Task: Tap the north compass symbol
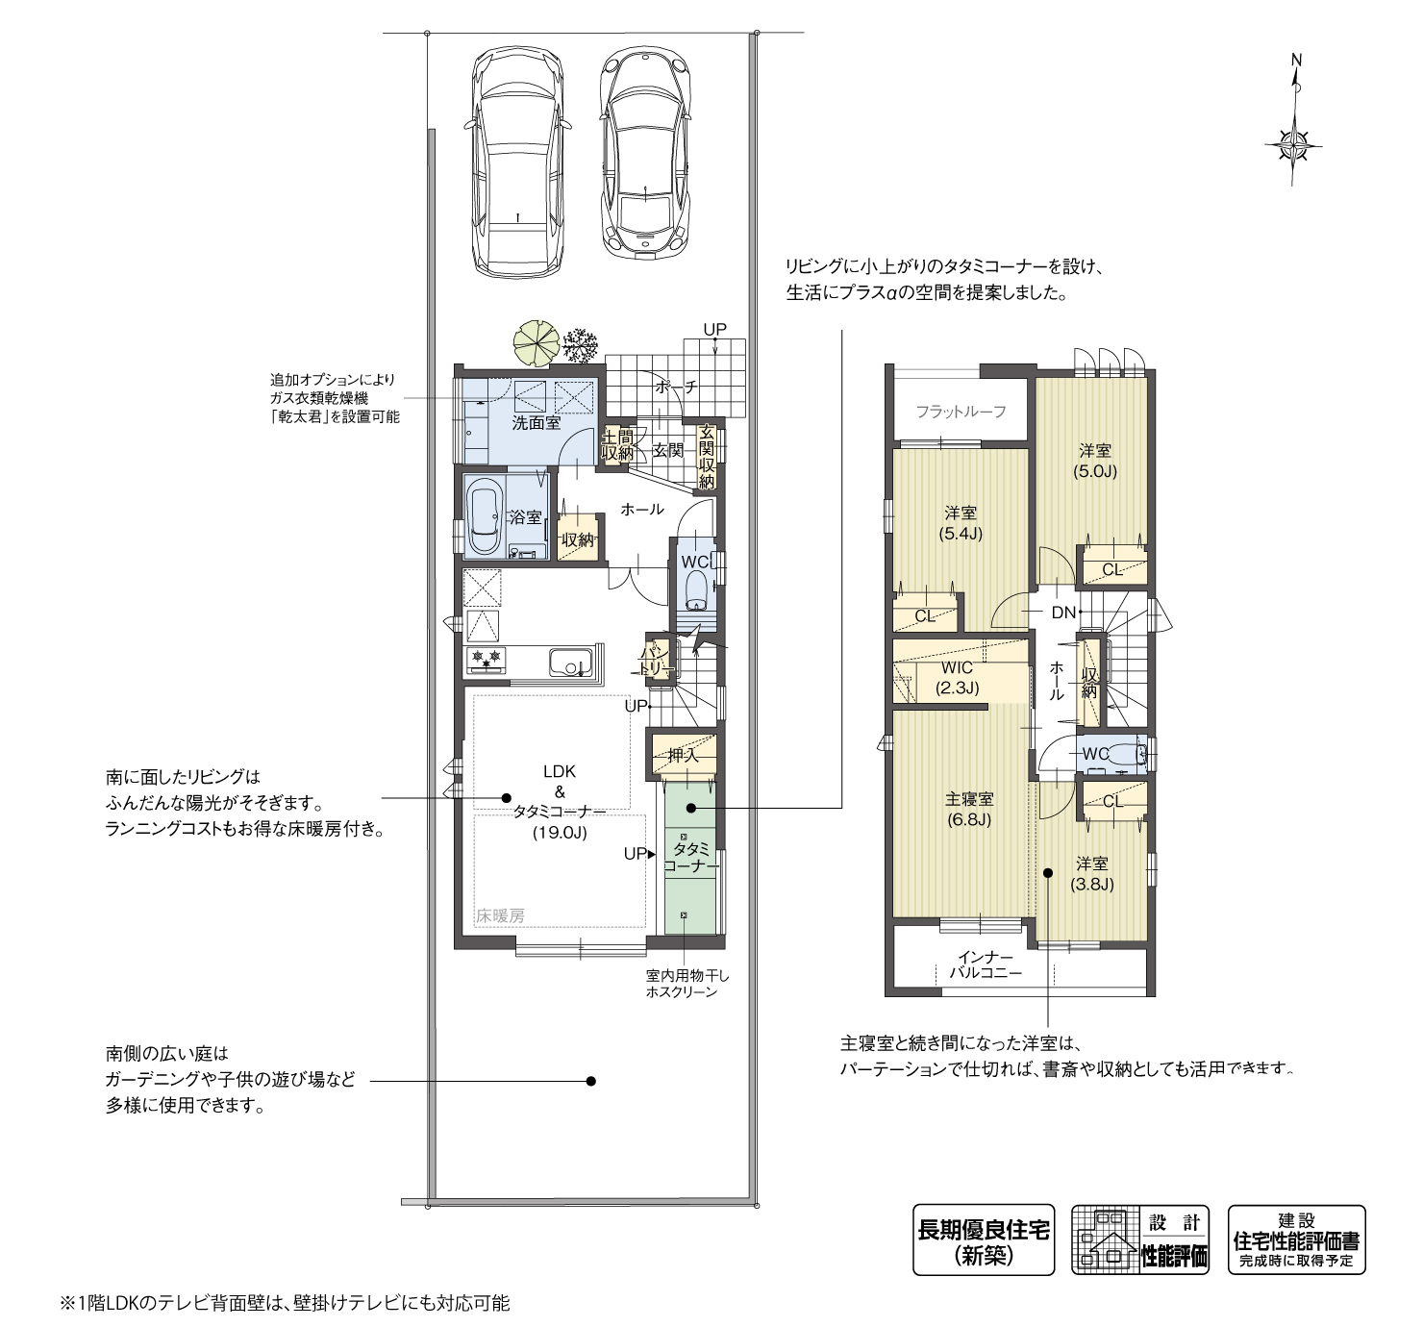click(x=1293, y=144)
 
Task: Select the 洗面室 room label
click(x=536, y=423)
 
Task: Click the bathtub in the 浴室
click(x=484, y=520)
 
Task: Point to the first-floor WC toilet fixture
click(x=696, y=588)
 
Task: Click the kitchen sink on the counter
click(x=569, y=663)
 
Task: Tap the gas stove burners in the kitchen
click(x=486, y=659)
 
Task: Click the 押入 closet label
click(x=684, y=756)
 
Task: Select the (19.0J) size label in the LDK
click(x=559, y=834)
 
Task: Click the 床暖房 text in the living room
click(x=500, y=916)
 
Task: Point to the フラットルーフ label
click(x=961, y=412)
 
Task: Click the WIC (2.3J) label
click(x=957, y=678)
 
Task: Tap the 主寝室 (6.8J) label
click(x=968, y=809)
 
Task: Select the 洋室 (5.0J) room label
click(x=1094, y=461)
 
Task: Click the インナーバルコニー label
click(x=985, y=964)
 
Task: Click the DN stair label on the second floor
click(x=1062, y=613)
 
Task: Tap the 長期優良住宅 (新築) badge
click(x=983, y=1239)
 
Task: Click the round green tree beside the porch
click(x=536, y=340)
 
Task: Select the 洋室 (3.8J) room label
click(x=1092, y=873)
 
